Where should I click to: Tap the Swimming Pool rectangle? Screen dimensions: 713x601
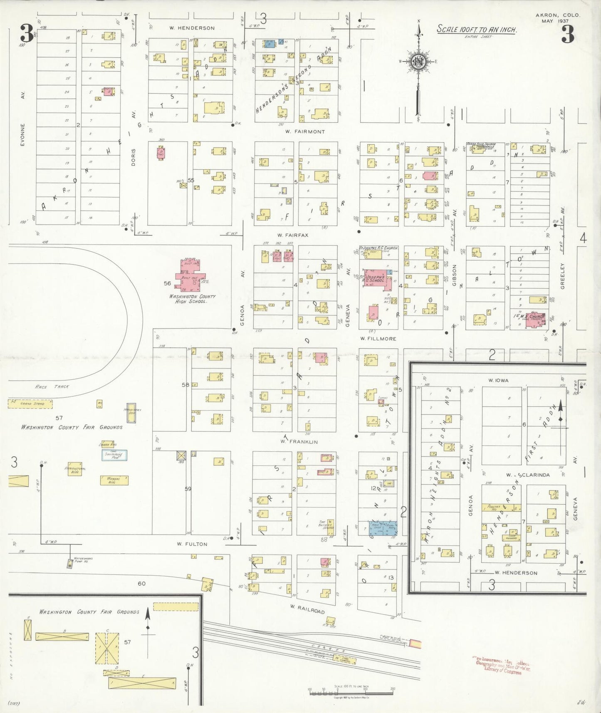pos(114,455)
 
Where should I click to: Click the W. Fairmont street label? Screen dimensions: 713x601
pos(305,131)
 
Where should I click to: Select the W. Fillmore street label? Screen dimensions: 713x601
pos(378,339)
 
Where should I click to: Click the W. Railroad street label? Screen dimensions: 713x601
pos(307,609)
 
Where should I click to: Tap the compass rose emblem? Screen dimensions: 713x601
pos(418,62)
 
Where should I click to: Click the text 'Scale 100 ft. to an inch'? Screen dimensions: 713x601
pos(476,30)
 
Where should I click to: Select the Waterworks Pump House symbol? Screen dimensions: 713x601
pos(69,563)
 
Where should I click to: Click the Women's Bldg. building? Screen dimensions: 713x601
pos(114,480)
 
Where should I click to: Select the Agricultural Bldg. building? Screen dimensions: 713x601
pos(75,468)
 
